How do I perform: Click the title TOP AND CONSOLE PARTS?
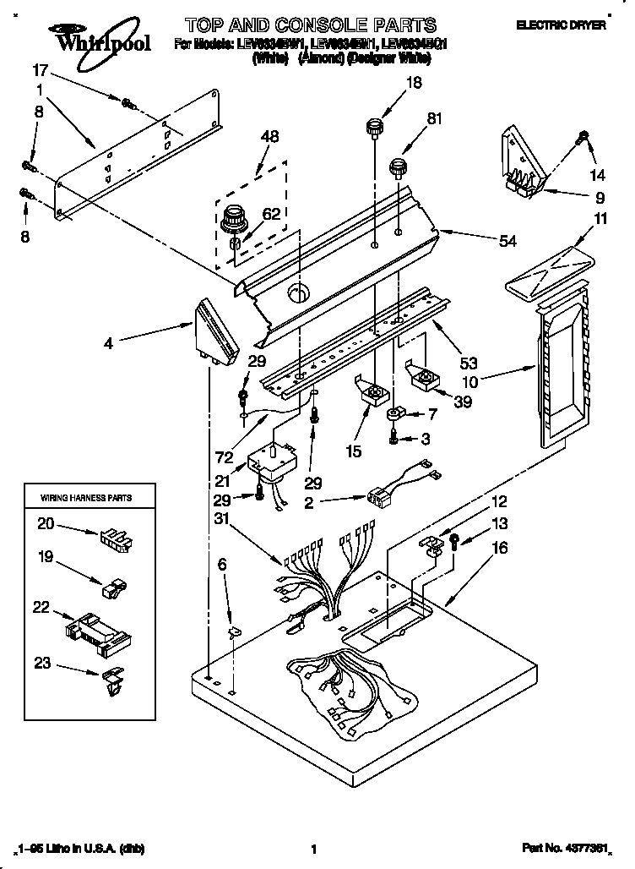click(311, 25)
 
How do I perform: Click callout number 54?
click(507, 242)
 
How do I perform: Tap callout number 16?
click(500, 548)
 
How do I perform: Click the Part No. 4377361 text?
click(563, 847)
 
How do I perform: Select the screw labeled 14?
click(583, 135)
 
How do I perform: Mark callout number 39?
click(462, 402)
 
